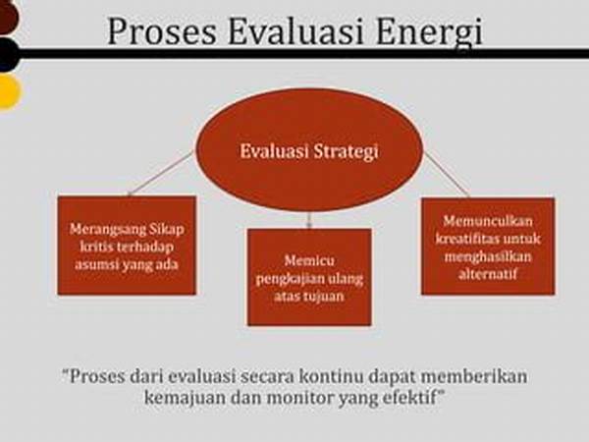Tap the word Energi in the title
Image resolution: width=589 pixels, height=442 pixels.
[429, 33]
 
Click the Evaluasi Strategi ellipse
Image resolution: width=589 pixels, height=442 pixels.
[309, 150]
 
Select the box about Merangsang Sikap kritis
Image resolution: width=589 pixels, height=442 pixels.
[127, 245]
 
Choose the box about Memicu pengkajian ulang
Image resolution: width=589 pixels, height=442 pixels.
[309, 277]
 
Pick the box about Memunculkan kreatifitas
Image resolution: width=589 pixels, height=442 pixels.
[488, 247]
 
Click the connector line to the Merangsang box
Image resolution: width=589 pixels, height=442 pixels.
[160, 174]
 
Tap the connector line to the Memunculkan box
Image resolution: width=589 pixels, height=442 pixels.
[447, 175]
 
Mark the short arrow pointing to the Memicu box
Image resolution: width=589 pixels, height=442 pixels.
[309, 220]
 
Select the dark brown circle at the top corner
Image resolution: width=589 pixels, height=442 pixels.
[8, 17]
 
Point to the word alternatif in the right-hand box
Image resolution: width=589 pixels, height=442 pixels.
[487, 274]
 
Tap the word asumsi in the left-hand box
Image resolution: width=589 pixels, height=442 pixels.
[93, 264]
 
